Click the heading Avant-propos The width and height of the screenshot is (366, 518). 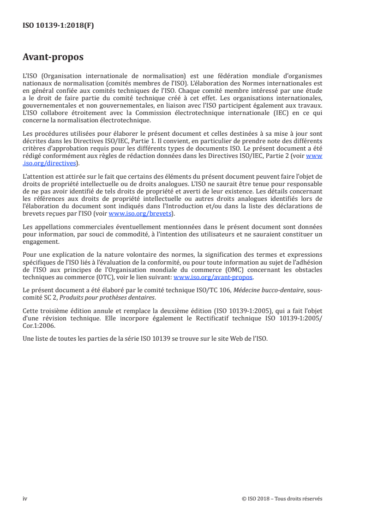(x=53, y=57)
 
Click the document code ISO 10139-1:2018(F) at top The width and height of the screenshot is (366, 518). (x=58, y=26)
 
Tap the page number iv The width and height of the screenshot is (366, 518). (x=25, y=498)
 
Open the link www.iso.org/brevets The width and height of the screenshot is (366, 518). (x=141, y=214)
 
